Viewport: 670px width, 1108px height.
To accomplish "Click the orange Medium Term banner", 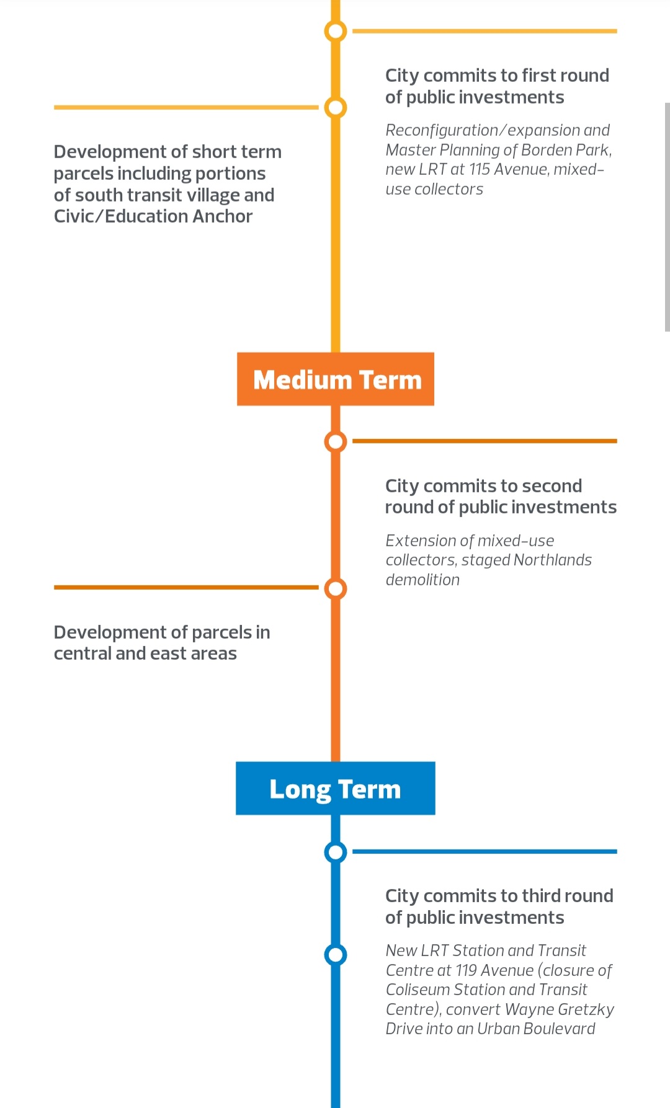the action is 336,379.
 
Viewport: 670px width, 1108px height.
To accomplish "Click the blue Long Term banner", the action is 336,789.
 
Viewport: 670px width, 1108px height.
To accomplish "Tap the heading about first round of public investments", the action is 497,86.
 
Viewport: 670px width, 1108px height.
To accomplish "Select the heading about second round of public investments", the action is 501,497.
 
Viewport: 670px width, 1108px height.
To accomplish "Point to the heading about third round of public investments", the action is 499,906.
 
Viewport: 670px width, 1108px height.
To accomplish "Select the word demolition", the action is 422,580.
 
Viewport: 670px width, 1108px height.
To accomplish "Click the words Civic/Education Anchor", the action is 153,216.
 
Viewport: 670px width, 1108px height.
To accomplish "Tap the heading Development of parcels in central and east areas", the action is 162,643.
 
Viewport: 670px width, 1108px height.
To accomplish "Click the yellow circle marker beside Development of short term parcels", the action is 336,107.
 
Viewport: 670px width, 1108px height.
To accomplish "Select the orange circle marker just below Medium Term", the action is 336,441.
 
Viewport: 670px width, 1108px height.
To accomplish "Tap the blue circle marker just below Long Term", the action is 336,852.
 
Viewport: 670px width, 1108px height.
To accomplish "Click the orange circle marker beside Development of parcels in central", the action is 336,588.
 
